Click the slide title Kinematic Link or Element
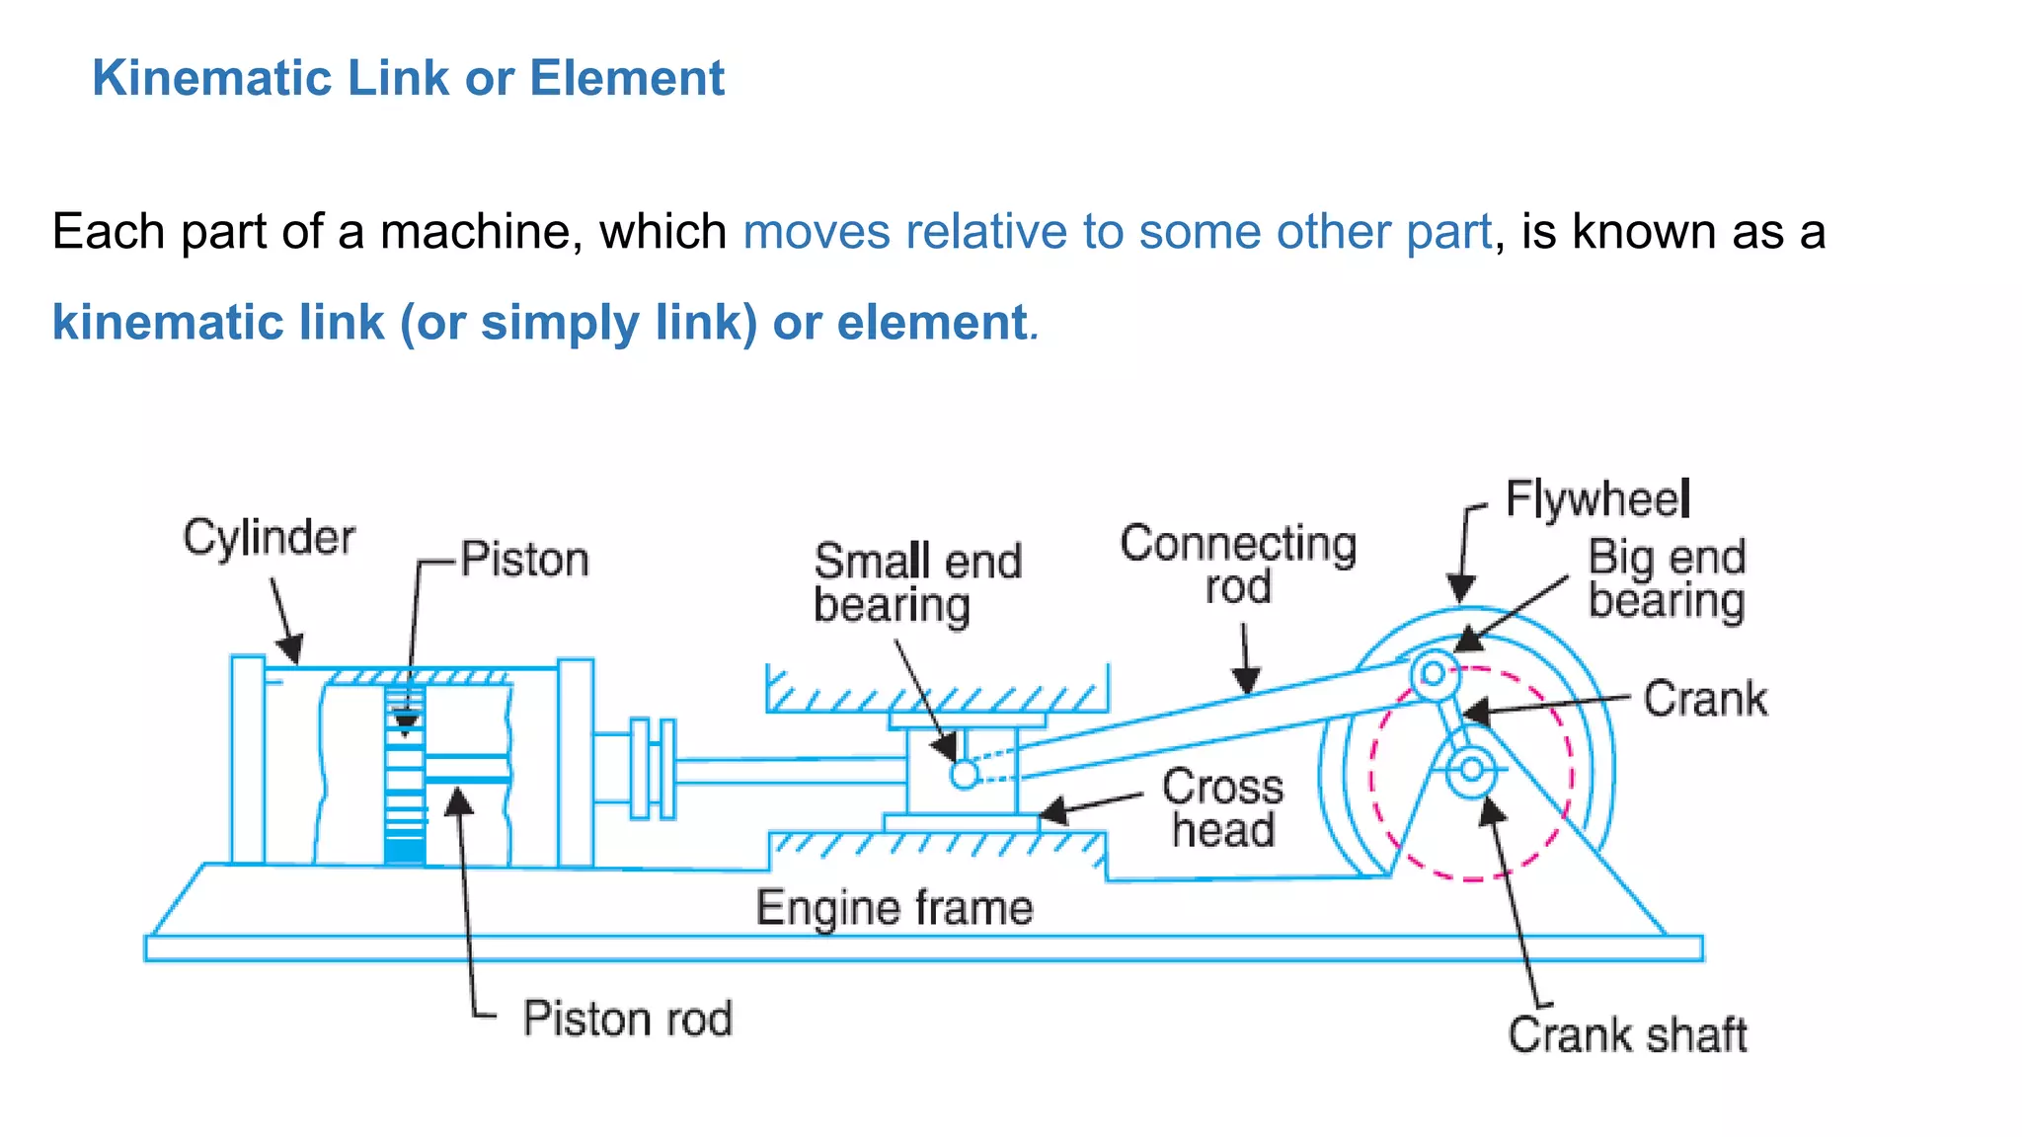(x=408, y=78)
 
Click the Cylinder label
(x=269, y=539)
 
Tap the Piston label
(x=524, y=560)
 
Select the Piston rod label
(x=627, y=1019)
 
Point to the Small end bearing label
(x=916, y=582)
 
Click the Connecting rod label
(x=1238, y=565)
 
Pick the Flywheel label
(x=1596, y=499)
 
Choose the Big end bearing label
(x=1667, y=579)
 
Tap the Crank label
(x=1705, y=699)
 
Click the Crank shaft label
(x=1627, y=1035)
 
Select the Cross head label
(x=1222, y=808)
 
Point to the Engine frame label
(x=894, y=908)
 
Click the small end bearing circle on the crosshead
(x=965, y=775)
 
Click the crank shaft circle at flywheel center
(x=1472, y=769)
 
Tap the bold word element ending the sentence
(x=932, y=323)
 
